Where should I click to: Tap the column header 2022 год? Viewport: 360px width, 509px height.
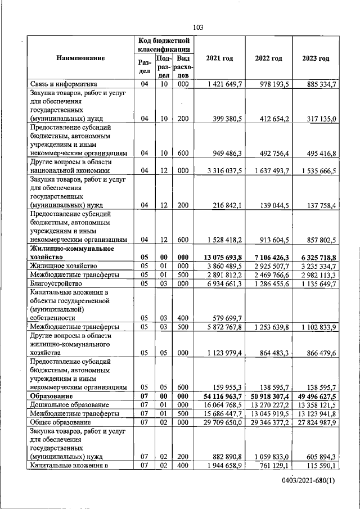tap(268, 58)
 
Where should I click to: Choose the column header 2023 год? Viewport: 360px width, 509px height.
tap(316, 58)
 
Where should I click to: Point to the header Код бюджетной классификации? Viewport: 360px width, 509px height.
tap(165, 45)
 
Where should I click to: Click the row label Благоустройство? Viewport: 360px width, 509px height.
tap(57, 283)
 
